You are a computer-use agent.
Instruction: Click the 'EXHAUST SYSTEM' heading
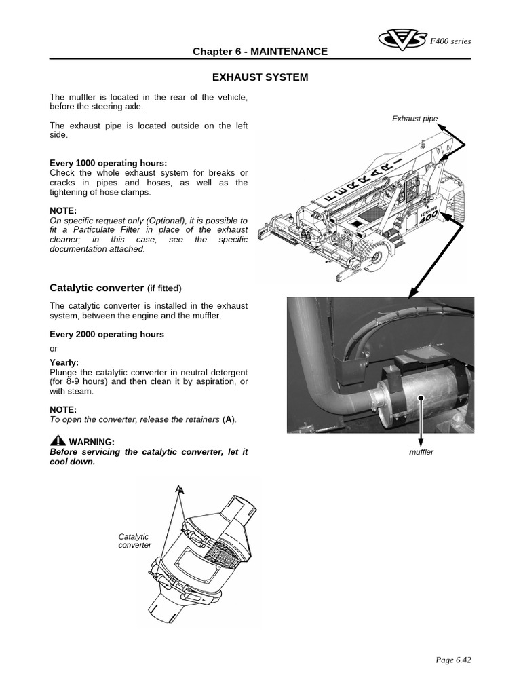coord(260,77)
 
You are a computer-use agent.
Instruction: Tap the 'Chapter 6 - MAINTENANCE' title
coord(260,52)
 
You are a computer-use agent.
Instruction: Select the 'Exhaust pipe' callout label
coord(414,119)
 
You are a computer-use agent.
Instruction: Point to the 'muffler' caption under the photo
coord(421,452)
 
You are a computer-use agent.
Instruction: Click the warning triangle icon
coord(58,440)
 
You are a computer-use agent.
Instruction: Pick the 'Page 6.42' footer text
coord(452,659)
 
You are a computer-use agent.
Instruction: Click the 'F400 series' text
coord(450,41)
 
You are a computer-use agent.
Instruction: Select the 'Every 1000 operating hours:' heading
coord(108,163)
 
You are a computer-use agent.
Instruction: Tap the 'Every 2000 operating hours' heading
coord(107,334)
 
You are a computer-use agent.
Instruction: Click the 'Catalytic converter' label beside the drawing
coord(134,541)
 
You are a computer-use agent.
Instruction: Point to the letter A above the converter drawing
coord(179,489)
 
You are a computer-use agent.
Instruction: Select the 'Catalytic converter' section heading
coord(96,287)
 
